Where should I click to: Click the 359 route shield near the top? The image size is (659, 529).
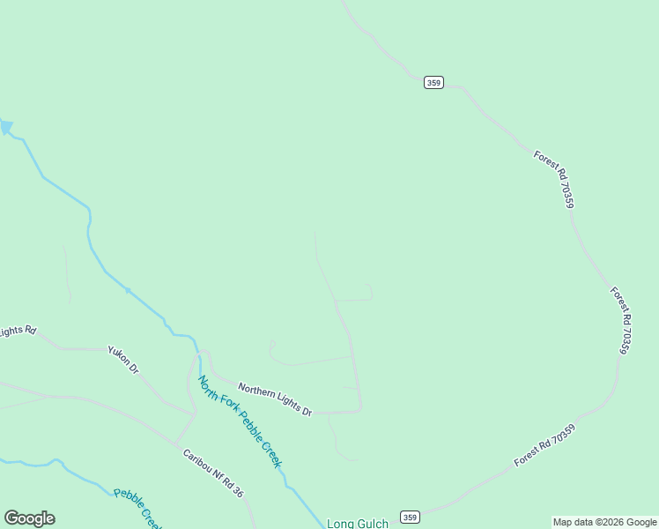[433, 82]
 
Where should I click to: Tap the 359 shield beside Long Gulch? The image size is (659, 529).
[409, 517]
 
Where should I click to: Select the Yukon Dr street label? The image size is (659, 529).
[123, 360]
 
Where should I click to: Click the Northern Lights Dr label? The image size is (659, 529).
[275, 399]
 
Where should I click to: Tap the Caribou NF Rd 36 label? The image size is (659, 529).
[212, 473]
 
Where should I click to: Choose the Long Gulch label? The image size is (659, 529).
[358, 524]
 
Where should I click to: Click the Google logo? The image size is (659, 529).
[29, 518]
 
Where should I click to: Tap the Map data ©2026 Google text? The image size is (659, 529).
[604, 523]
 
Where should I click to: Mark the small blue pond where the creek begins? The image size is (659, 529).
[6, 127]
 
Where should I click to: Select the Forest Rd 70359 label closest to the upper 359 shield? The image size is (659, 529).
[554, 179]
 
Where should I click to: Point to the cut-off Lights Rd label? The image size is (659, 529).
[17, 332]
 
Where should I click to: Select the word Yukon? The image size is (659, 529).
[118, 355]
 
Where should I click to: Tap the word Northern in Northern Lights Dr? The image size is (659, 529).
[258, 392]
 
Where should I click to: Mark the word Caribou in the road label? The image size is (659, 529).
[196, 462]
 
